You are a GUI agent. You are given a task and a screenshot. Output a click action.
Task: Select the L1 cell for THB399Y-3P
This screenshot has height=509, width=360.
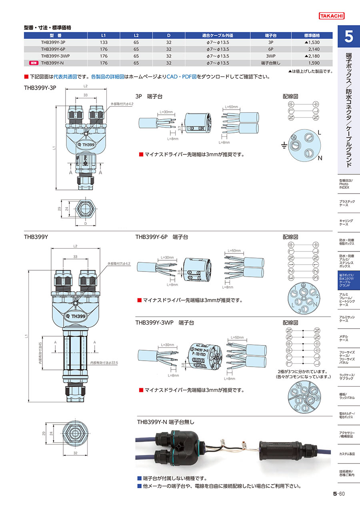click(x=104, y=42)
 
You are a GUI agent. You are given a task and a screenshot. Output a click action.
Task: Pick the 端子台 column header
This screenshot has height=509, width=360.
click(x=271, y=36)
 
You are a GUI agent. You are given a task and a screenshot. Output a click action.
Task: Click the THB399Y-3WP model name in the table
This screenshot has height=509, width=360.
click(x=56, y=56)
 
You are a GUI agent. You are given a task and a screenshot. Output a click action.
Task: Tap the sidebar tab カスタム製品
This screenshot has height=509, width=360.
click(x=346, y=454)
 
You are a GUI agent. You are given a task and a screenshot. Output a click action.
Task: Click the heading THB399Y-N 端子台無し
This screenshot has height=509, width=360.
click(x=166, y=422)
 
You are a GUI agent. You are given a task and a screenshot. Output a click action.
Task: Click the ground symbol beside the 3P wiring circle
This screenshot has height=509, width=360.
click(x=284, y=146)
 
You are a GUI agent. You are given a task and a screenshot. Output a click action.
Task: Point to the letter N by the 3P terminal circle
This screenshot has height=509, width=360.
click(x=320, y=159)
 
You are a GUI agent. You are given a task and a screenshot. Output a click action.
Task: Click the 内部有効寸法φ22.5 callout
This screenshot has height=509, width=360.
click(x=106, y=363)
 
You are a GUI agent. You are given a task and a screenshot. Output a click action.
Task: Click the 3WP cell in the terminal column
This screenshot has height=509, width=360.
click(x=271, y=56)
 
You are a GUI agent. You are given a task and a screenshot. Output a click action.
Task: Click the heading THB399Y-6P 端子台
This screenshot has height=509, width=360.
click(x=162, y=237)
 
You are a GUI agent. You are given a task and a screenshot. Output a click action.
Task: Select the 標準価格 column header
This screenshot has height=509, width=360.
click(x=312, y=36)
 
